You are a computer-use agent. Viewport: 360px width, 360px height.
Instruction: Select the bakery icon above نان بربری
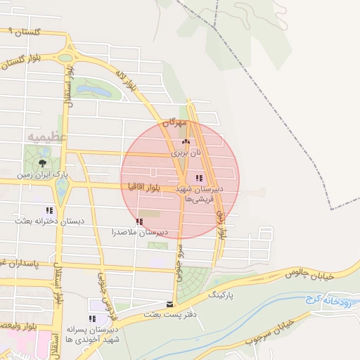coord(186,142)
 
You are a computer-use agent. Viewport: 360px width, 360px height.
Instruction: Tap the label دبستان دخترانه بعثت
coord(51,221)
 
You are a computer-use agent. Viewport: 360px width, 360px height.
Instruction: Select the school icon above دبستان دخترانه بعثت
coord(49,210)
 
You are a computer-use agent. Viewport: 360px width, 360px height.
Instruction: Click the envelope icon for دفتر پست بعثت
coord(169,304)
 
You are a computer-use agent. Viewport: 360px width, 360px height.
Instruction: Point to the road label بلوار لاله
coord(127,81)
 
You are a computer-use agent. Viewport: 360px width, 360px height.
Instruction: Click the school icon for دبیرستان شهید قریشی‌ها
coord(199,179)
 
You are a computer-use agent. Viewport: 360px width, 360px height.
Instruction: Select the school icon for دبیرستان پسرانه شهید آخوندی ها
coord(93,319)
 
